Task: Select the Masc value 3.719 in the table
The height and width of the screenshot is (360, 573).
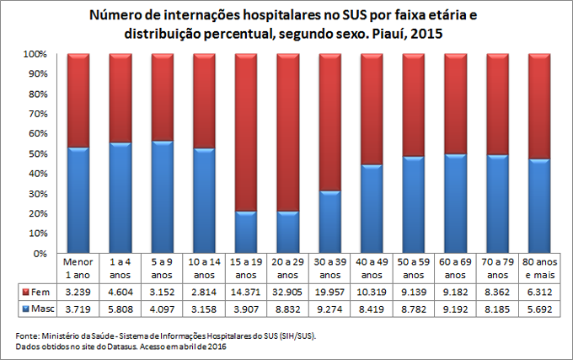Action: [78, 309]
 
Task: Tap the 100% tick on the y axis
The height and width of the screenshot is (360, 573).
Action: [33, 54]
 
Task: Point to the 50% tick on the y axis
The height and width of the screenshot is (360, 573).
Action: [35, 154]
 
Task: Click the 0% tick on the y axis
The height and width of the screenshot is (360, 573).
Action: [38, 254]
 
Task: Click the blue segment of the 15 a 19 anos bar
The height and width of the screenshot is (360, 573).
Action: [246, 232]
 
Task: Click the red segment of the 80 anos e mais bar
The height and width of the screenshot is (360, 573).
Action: [539, 106]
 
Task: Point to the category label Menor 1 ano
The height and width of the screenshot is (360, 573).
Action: [78, 268]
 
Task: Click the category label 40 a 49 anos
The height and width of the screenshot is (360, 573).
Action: [372, 268]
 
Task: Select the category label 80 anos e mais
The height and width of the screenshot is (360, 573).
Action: [539, 268]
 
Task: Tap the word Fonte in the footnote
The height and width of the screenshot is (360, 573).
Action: [29, 336]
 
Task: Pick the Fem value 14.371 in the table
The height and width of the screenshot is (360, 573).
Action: [246, 292]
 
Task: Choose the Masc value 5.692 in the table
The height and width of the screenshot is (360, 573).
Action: [539, 309]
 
